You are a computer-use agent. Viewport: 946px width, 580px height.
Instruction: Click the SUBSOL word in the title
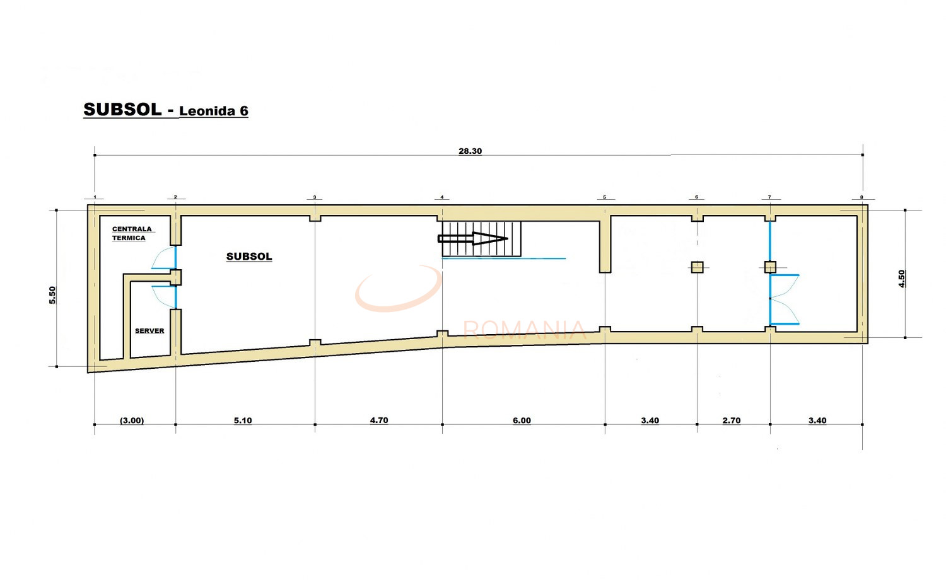(122, 110)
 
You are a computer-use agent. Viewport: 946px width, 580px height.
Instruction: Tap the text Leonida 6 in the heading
(214, 111)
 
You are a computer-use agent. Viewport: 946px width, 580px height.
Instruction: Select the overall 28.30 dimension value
(470, 151)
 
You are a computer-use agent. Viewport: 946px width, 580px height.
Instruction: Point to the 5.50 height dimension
(52, 295)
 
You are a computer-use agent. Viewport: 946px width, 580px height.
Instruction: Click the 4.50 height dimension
(902, 279)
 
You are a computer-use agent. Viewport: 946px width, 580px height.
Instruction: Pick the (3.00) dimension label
(132, 420)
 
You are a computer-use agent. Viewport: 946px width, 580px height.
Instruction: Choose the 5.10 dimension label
(243, 420)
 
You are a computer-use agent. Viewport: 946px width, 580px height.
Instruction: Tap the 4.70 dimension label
(379, 420)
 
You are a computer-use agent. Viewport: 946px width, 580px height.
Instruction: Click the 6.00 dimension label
(522, 420)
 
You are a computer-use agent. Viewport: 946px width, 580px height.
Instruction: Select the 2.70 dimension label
(732, 420)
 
